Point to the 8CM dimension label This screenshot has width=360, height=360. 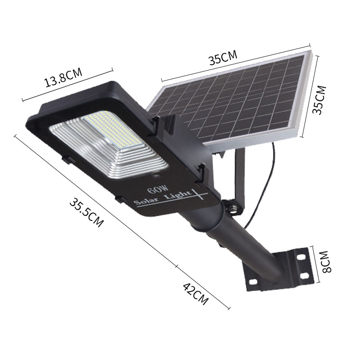tap(326, 262)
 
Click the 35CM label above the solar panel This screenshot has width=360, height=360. tap(222, 58)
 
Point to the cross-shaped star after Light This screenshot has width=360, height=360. tap(198, 194)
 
